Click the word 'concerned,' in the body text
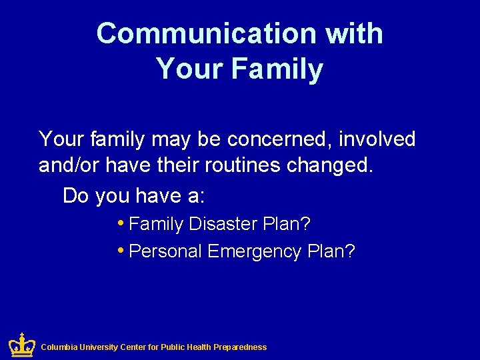coord(279,139)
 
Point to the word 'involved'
coord(377,139)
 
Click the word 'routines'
coord(241,165)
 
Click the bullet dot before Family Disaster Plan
coord(119,223)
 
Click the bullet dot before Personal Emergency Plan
coord(119,250)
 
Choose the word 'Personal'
coord(165,251)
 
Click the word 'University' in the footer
coord(100,347)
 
